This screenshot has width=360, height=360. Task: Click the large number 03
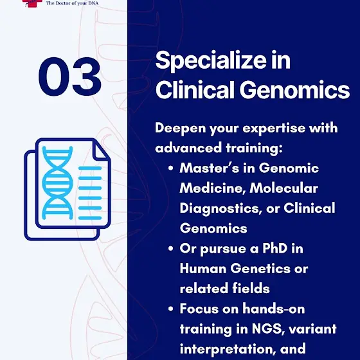click(x=70, y=76)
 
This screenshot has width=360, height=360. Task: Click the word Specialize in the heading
click(x=211, y=61)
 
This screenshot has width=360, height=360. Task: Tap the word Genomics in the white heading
click(x=295, y=90)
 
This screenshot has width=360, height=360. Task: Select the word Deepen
click(x=180, y=129)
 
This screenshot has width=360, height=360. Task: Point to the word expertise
click(x=274, y=129)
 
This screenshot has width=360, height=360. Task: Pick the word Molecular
click(x=283, y=188)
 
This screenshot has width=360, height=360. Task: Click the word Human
click(x=203, y=269)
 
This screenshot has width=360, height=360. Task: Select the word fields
click(x=251, y=289)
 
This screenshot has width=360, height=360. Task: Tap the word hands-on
click(x=274, y=309)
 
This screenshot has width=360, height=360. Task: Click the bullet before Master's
click(x=170, y=168)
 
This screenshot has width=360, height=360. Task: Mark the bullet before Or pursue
click(x=170, y=249)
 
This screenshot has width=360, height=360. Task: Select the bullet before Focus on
click(x=170, y=309)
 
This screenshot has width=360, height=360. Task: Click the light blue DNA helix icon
click(x=58, y=183)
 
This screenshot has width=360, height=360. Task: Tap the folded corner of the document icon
click(x=100, y=151)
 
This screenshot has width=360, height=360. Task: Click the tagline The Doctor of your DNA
click(x=72, y=3)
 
